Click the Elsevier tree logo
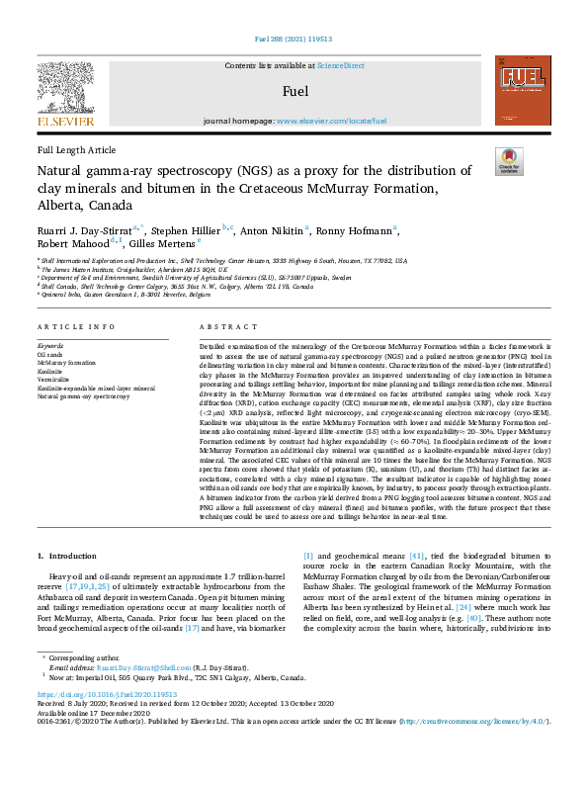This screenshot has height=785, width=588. (66, 92)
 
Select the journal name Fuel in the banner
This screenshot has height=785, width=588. (294, 92)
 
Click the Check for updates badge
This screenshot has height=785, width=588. (508, 162)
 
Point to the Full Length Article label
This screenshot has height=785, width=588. (76, 149)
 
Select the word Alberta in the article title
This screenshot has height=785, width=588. (59, 206)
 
